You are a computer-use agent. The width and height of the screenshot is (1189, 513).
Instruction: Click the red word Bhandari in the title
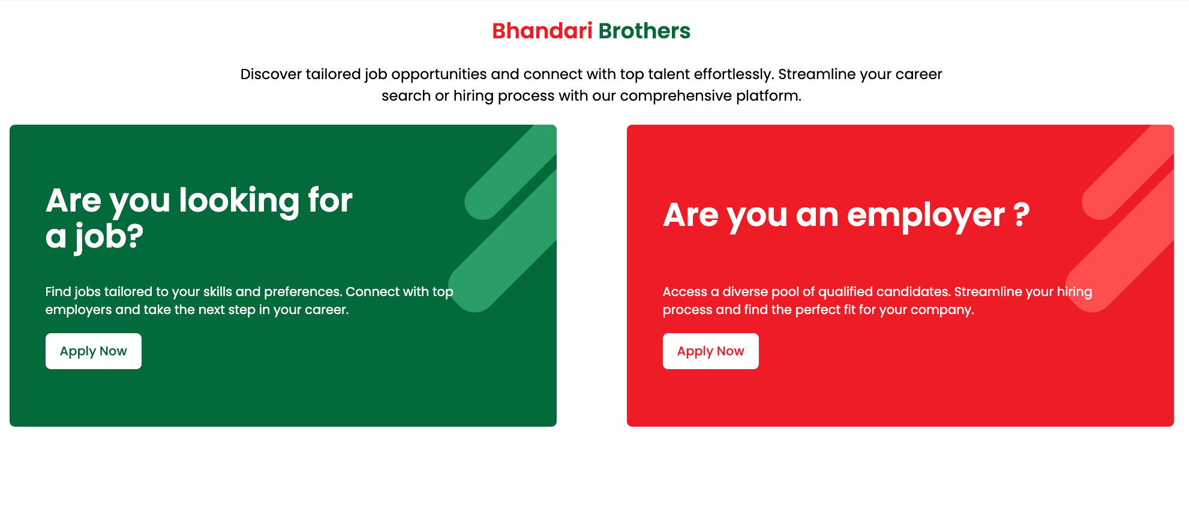[x=542, y=31]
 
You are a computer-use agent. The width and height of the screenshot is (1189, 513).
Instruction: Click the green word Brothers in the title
[x=644, y=31]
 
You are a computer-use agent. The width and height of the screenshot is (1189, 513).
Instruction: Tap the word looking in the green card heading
[x=239, y=201]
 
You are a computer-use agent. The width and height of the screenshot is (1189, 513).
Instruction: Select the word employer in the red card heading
[x=926, y=216]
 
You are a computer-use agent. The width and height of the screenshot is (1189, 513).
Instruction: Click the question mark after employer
[x=1022, y=215]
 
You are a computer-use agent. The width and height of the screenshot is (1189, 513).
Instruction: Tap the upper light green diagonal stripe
[x=511, y=173]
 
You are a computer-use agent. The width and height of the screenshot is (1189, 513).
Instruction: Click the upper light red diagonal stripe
[x=1128, y=173]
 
